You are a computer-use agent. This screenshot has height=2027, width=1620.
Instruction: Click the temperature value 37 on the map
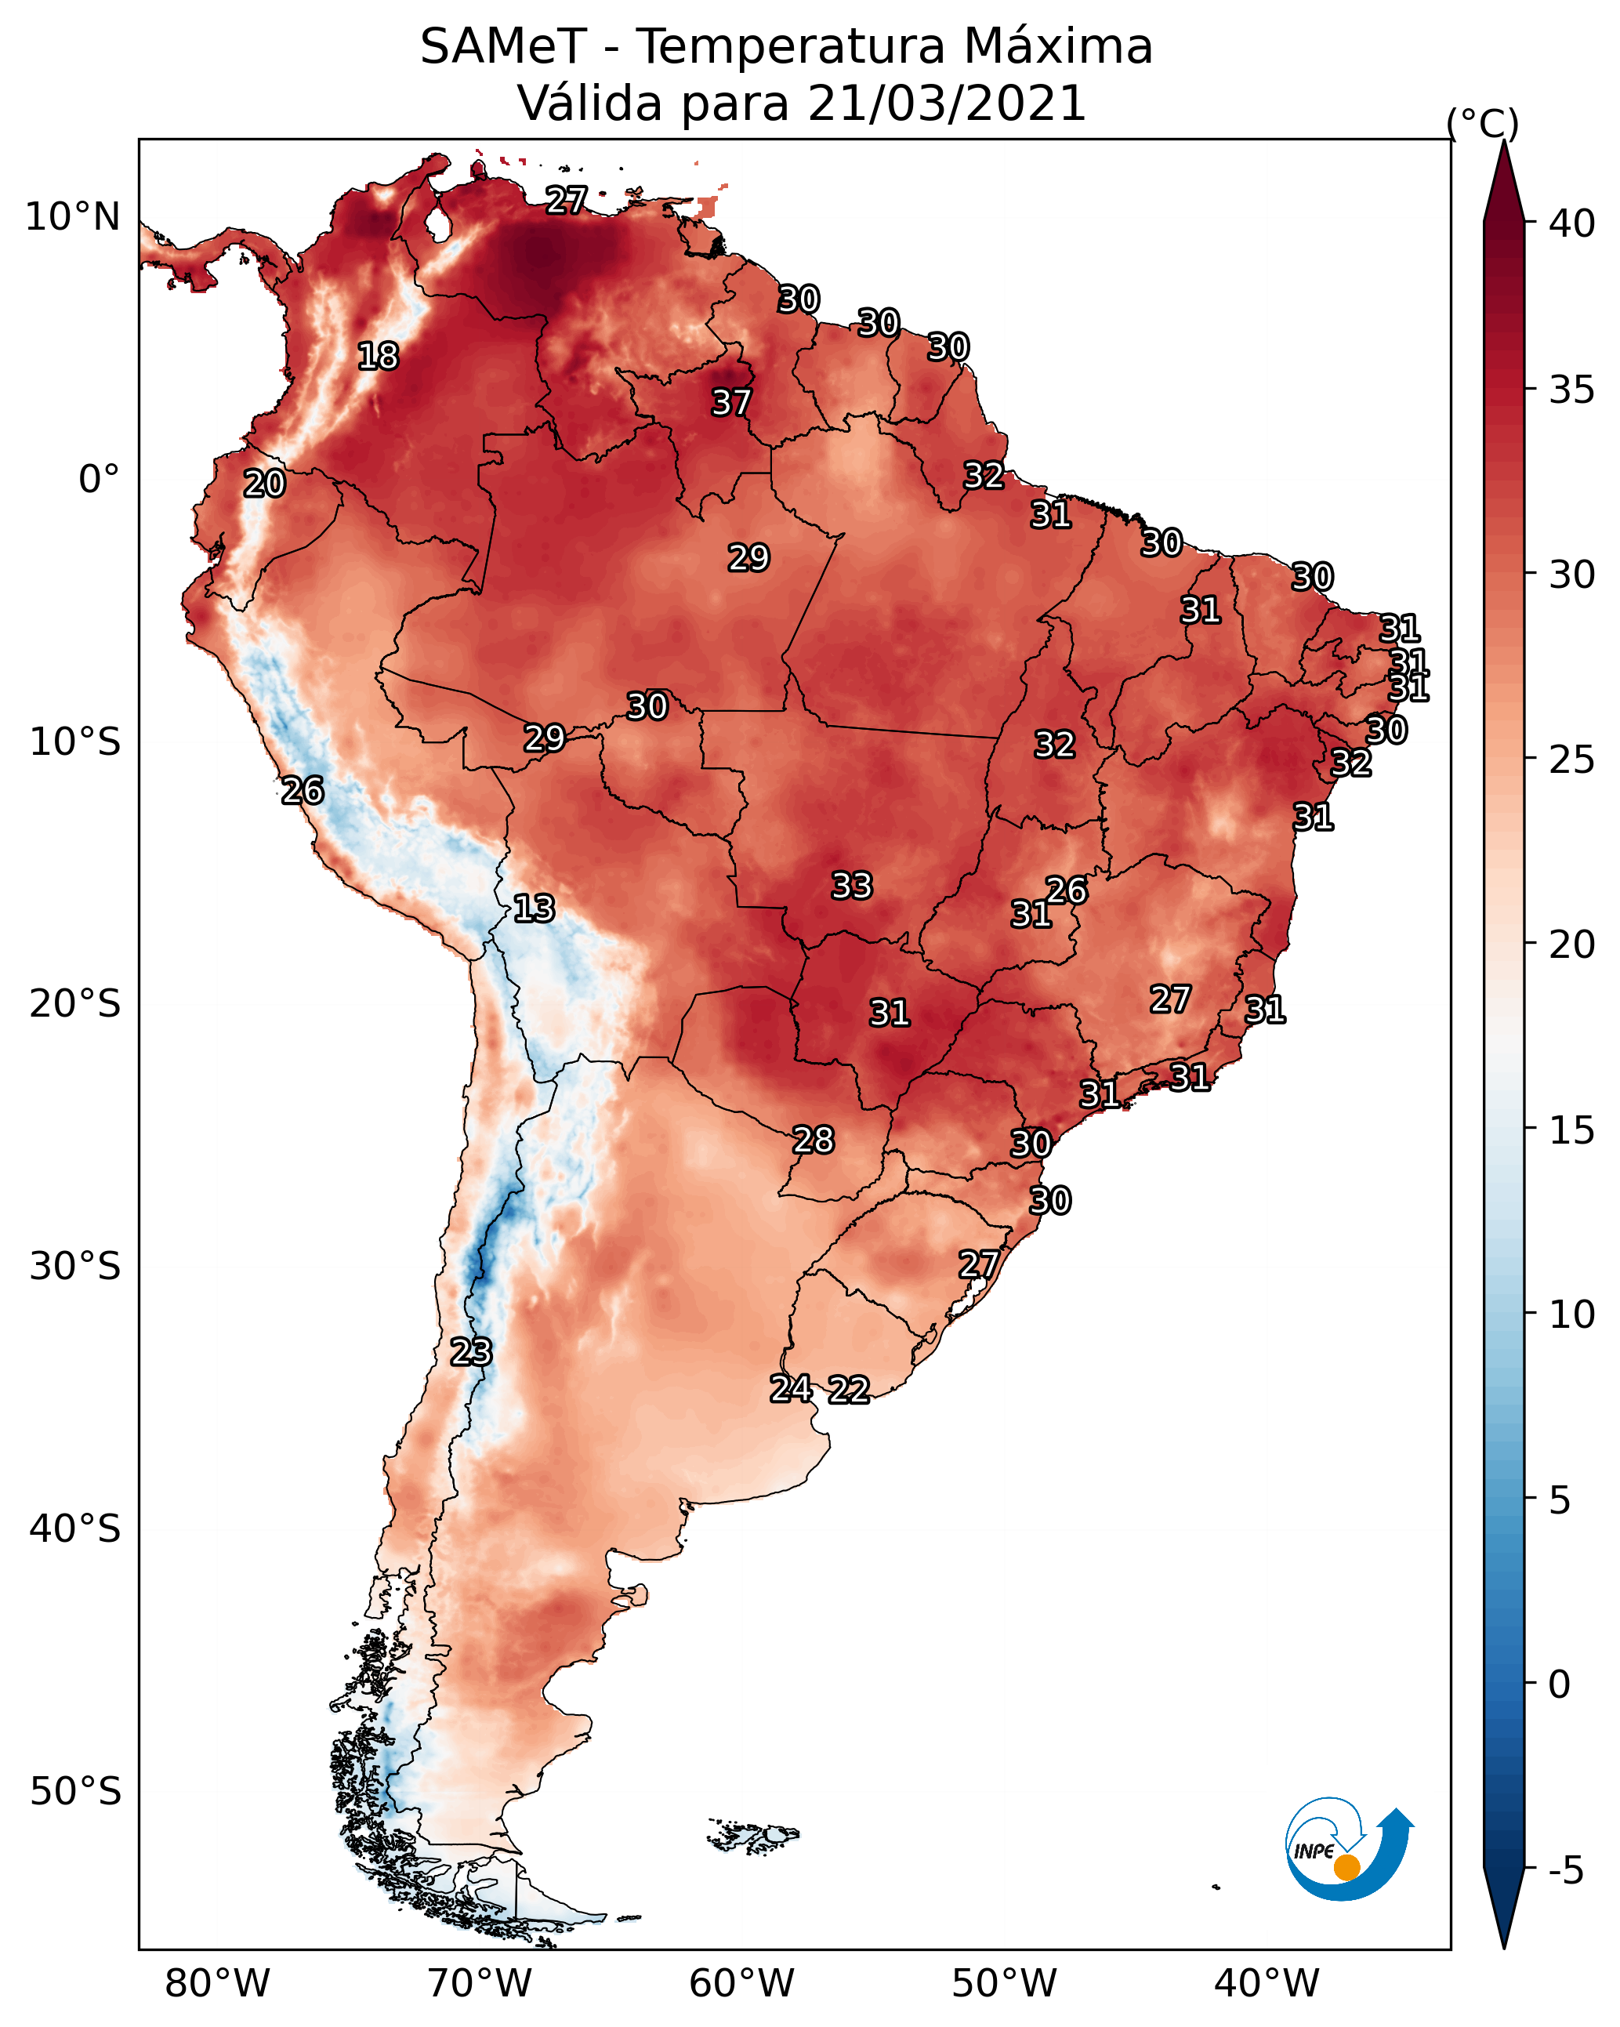pos(730,402)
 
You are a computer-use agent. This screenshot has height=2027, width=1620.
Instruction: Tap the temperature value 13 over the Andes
pos(534,908)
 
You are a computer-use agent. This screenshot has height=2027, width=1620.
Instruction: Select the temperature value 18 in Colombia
pos(378,357)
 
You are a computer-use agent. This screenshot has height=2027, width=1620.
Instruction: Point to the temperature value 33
pos(852,886)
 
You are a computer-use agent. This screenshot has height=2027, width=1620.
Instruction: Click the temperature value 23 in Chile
pos(470,1352)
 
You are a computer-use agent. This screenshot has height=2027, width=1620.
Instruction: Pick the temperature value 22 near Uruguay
pos(848,1390)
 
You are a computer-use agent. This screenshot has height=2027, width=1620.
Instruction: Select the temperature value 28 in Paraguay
pos(814,1140)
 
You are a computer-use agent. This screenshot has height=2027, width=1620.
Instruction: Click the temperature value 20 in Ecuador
pos(264,484)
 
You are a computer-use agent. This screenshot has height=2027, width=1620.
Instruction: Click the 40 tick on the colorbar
pos(1572,223)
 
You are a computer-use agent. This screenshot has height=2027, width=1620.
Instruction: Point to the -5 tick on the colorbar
pos(1565,1871)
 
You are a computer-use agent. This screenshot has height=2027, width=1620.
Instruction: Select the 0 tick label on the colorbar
pos(1559,1684)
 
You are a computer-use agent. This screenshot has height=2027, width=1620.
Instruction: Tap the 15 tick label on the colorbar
pos(1572,1130)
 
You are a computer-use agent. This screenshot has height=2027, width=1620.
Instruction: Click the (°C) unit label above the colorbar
pos(1482,123)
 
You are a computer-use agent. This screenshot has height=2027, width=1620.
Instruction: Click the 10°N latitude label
pos(72,217)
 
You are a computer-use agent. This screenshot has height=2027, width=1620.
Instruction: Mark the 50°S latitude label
pos(75,1792)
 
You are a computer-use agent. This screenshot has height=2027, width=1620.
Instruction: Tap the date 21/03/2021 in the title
pos(946,103)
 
